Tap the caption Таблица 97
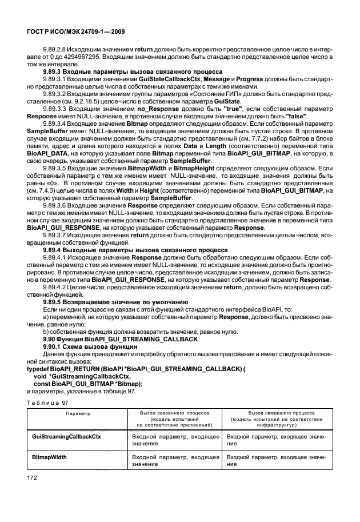[x=46, y=404]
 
